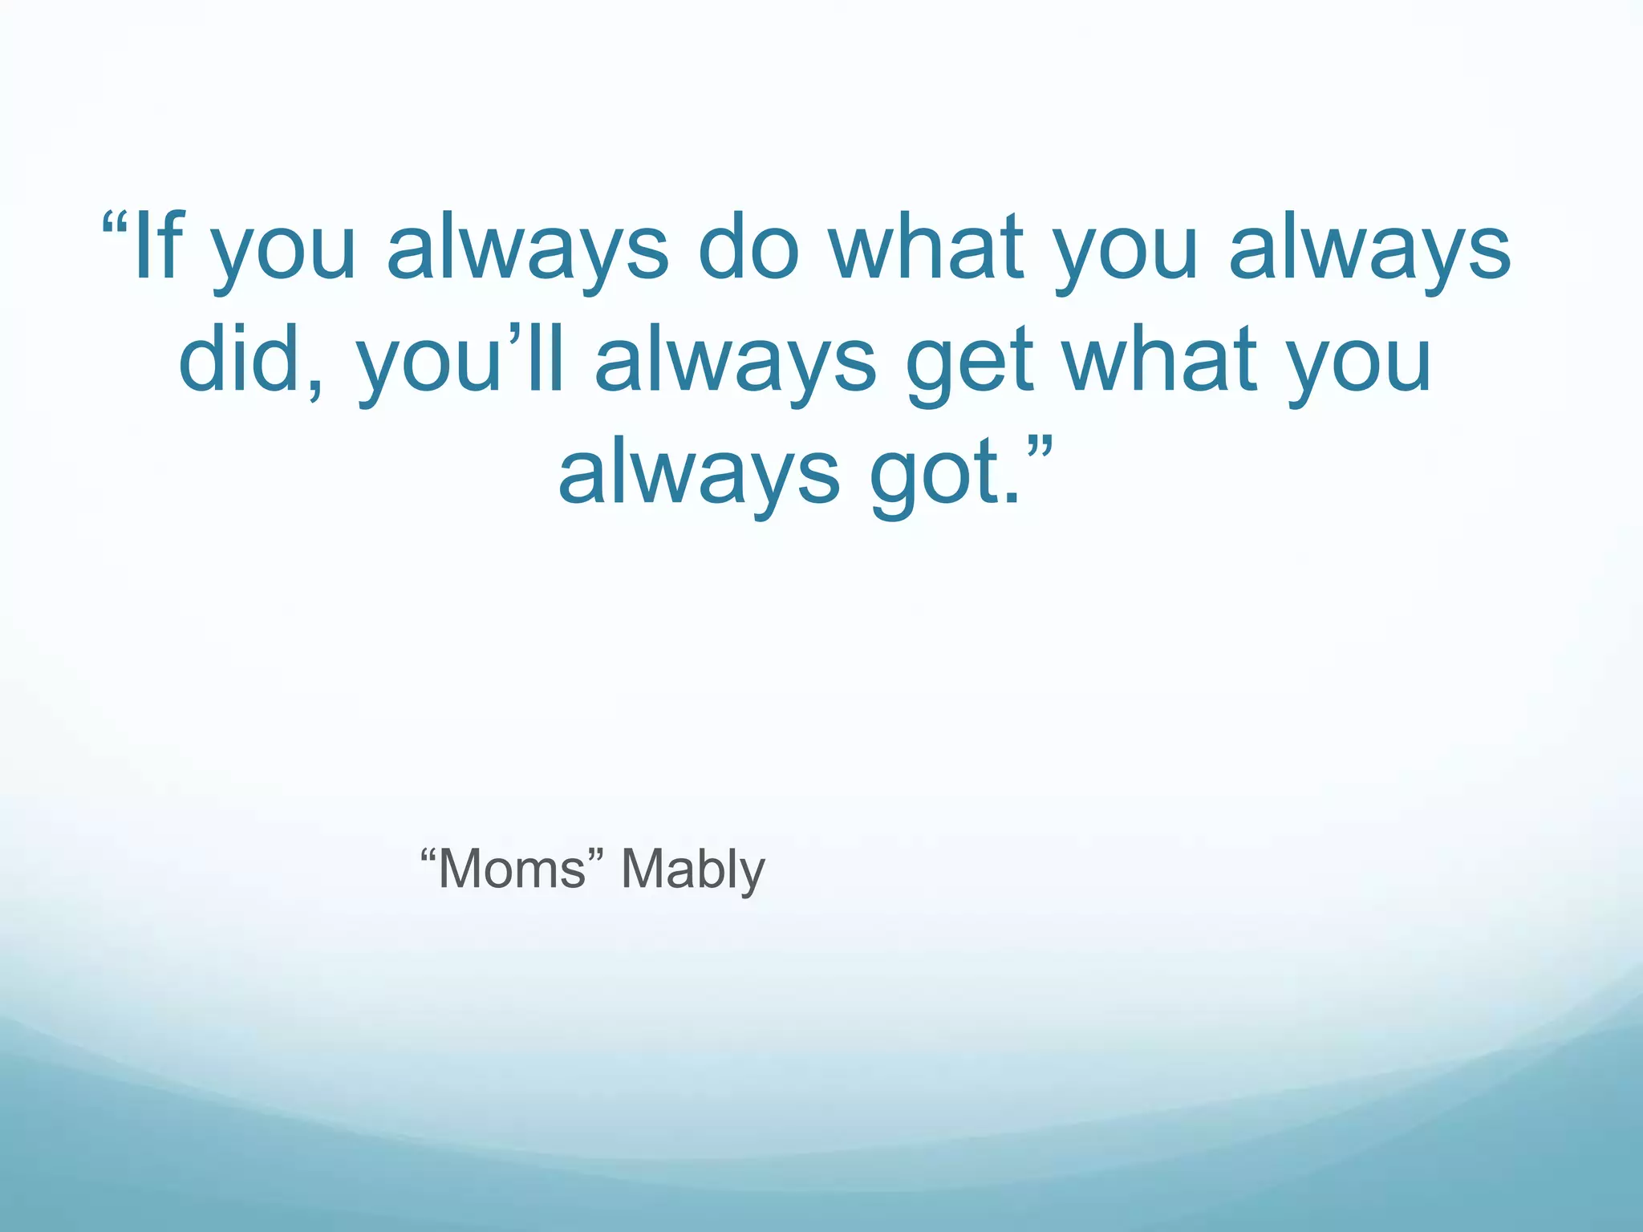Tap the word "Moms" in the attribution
(513, 869)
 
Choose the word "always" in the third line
(698, 476)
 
